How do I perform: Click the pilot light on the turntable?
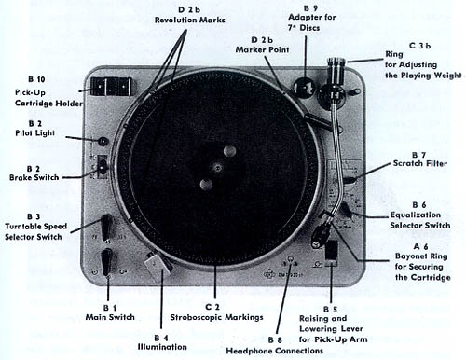tap(103, 142)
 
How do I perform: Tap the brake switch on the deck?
tap(103, 167)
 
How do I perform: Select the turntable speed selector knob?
tap(106, 227)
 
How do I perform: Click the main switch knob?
tap(106, 262)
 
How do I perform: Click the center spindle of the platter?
tap(217, 168)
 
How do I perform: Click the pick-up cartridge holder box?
tap(111, 87)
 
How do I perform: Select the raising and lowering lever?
tap(332, 251)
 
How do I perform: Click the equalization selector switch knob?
tap(346, 210)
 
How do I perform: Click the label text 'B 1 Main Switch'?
tap(110, 312)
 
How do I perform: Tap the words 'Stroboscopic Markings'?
tap(216, 317)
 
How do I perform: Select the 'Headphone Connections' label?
tap(274, 351)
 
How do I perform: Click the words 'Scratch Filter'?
tap(420, 163)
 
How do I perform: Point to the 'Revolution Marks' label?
tap(190, 20)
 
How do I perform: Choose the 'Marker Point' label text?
tap(262, 49)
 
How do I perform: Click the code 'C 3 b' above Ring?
tap(419, 46)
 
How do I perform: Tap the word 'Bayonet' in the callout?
tap(410, 256)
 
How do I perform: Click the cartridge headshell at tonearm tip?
tap(321, 234)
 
